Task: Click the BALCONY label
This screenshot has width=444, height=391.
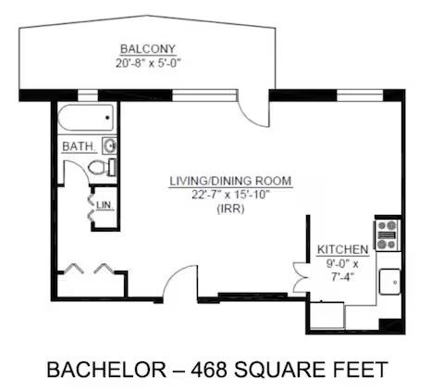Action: click(x=148, y=49)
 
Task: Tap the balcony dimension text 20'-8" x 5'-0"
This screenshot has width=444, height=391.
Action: click(x=148, y=63)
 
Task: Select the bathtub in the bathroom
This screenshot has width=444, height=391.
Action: click(x=86, y=118)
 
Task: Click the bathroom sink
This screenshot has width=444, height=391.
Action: click(x=109, y=145)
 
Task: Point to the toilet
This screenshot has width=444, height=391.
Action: click(x=102, y=168)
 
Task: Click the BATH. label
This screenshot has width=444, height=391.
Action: click(x=79, y=146)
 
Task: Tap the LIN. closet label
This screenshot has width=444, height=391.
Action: click(x=105, y=206)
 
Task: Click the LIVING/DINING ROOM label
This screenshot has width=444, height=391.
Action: click(x=230, y=181)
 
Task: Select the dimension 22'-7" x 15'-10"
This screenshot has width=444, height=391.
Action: click(x=230, y=195)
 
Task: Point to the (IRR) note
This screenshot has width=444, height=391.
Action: click(x=231, y=209)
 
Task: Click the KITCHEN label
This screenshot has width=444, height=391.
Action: click(x=343, y=249)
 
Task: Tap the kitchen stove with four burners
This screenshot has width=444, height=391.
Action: click(x=387, y=234)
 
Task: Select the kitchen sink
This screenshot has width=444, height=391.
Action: click(x=390, y=282)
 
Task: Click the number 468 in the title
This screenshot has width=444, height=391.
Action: click(x=209, y=370)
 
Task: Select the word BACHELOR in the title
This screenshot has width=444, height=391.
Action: click(x=106, y=370)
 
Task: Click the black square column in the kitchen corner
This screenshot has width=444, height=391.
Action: click(x=391, y=326)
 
